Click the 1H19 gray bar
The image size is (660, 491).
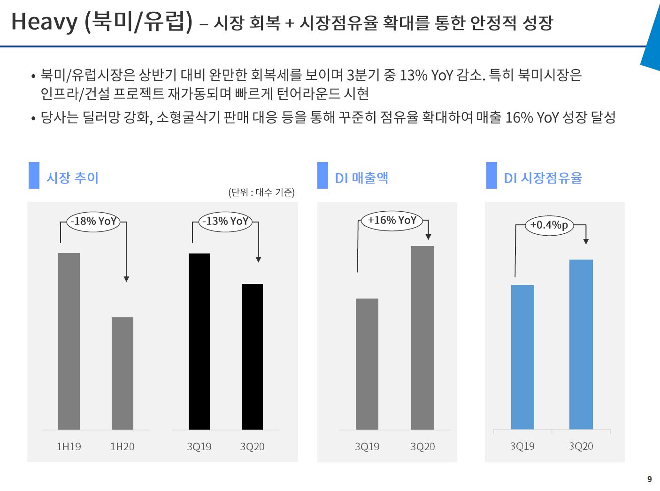(x=69, y=341)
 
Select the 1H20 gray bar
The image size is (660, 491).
(x=123, y=373)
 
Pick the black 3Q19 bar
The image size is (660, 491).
(x=199, y=341)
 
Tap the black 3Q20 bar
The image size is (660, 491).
(x=252, y=357)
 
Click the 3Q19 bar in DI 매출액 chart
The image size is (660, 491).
(x=367, y=364)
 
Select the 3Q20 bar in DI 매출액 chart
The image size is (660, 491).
(x=422, y=338)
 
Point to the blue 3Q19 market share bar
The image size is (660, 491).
(x=522, y=357)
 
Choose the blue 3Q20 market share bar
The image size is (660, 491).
(x=581, y=344)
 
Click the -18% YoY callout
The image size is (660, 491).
(x=93, y=221)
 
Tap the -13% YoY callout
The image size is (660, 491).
(x=225, y=221)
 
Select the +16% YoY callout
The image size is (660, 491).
(x=392, y=220)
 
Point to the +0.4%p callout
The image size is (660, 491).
(x=549, y=225)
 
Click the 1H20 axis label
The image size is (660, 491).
(x=122, y=446)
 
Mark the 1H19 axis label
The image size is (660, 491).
(x=69, y=446)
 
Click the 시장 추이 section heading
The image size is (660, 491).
(x=72, y=177)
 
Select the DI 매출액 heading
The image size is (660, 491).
(x=361, y=178)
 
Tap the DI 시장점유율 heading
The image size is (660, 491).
(x=543, y=178)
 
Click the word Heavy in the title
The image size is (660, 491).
(x=44, y=22)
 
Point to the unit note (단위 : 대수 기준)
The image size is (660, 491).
(x=261, y=192)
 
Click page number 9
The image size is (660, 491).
(x=650, y=479)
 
